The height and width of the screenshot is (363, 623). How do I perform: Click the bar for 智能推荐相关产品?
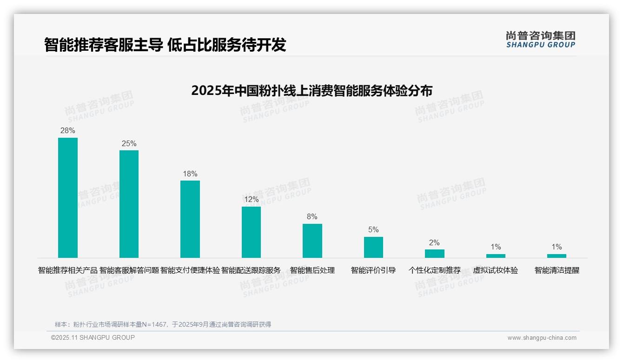click(67, 197)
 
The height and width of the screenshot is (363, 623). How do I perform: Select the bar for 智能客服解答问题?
click(129, 204)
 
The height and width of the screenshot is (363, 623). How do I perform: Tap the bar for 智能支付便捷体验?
click(190, 219)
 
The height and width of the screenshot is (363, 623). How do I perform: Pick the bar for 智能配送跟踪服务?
click(251, 232)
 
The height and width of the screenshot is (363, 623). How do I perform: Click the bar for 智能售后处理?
click(312, 241)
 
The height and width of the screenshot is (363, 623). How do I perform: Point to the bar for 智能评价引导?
click(373, 247)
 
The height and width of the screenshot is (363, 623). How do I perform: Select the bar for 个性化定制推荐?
click(434, 254)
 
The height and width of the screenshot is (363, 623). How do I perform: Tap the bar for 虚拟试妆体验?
click(496, 255)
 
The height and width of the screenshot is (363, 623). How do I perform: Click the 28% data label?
click(67, 130)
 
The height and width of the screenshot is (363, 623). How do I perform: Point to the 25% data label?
click(129, 143)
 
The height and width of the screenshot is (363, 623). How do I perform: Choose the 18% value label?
click(190, 174)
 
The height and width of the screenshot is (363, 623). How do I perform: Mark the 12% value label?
click(251, 199)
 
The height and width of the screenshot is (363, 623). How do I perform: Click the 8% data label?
click(312, 216)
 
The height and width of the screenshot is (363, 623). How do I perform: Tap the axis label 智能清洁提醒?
click(557, 270)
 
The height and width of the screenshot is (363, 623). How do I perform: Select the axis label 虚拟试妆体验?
click(496, 270)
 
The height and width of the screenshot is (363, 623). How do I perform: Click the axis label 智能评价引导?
click(373, 270)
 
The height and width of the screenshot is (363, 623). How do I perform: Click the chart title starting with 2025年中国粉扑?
click(311, 90)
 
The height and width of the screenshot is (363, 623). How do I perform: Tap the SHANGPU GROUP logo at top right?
click(540, 39)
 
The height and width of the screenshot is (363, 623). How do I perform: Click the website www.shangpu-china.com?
click(542, 338)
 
